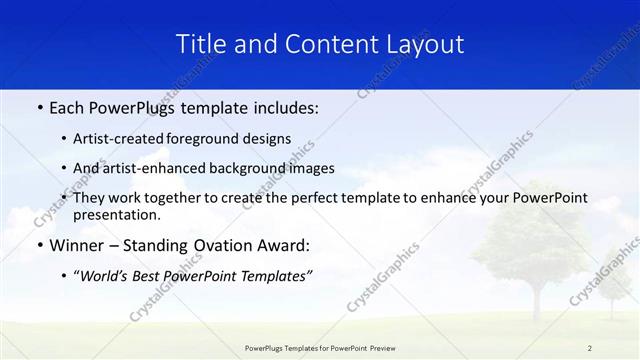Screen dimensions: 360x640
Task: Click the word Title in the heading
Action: click(x=198, y=44)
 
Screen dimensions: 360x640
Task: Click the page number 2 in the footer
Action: click(x=589, y=348)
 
